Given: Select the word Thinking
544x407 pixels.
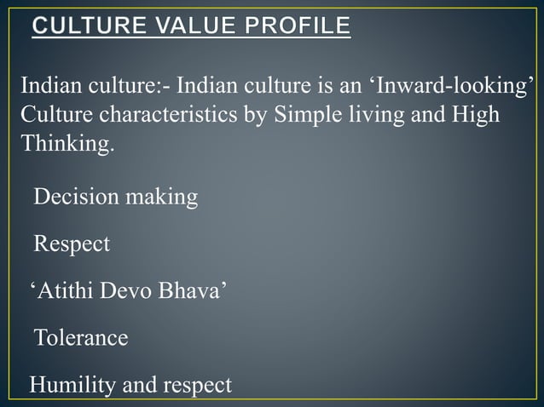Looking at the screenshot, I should click(66, 144).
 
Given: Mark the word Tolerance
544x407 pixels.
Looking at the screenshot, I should click(81, 338).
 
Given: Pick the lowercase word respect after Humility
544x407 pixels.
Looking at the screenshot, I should click(192, 385).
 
